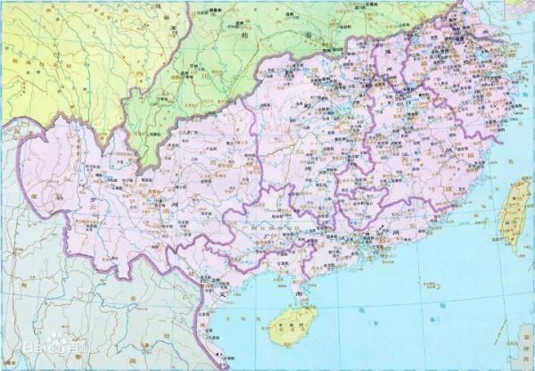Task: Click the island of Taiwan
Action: click(x=510, y=210)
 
